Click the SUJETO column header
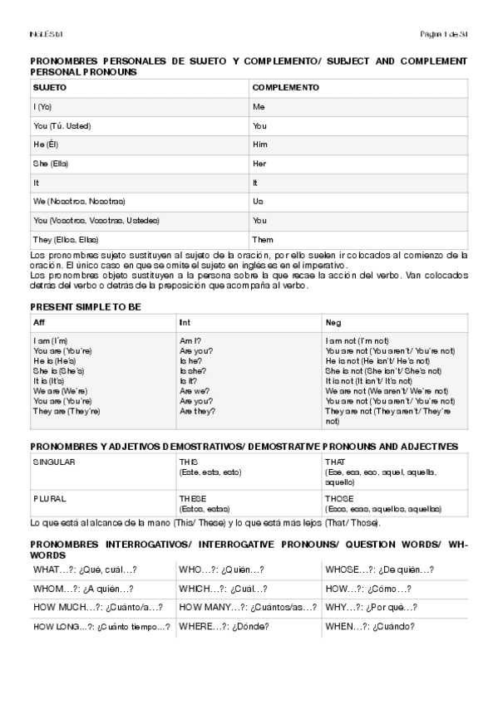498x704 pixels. click(50, 87)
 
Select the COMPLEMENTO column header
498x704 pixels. click(285, 87)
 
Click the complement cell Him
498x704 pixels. click(260, 144)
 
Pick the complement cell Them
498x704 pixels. click(263, 239)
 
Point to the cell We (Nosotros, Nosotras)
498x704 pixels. click(79, 202)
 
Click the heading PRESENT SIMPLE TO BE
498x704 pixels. click(85, 306)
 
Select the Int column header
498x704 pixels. click(185, 321)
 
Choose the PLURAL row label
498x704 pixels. click(48, 499)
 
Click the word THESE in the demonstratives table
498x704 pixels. click(193, 499)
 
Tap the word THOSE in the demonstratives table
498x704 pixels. click(339, 499)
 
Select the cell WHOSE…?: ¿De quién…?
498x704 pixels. click(379, 570)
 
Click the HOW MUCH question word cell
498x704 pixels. click(98, 608)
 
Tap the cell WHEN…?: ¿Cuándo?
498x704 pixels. click(370, 626)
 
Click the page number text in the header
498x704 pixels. click(445, 33)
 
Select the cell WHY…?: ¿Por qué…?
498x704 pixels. click(371, 608)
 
